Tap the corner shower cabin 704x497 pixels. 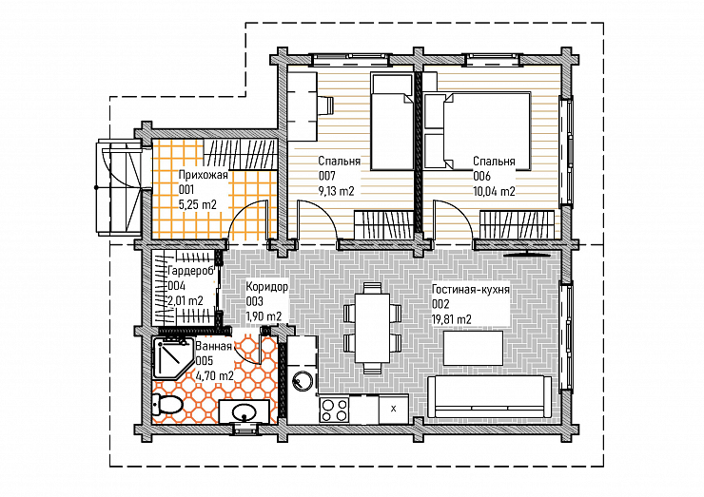[x=172, y=359]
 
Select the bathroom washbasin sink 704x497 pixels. [x=244, y=411]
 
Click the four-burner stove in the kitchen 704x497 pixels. [x=335, y=410]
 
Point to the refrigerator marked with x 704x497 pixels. [x=394, y=409]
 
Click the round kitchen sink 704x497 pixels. [x=302, y=381]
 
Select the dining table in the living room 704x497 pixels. [x=373, y=328]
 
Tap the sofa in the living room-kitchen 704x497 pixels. [x=489, y=397]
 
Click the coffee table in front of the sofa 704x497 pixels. [x=473, y=349]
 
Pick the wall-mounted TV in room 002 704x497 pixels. [x=527, y=254]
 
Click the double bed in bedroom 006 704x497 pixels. [x=478, y=131]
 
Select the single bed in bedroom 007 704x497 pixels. [x=392, y=122]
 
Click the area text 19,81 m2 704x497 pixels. [x=451, y=319]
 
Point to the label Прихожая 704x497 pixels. [x=203, y=175]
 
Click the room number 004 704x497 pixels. [x=176, y=286]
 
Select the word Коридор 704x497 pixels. [x=266, y=287]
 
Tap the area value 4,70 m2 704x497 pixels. [x=215, y=375]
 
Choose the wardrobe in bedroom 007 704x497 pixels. [x=384, y=224]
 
